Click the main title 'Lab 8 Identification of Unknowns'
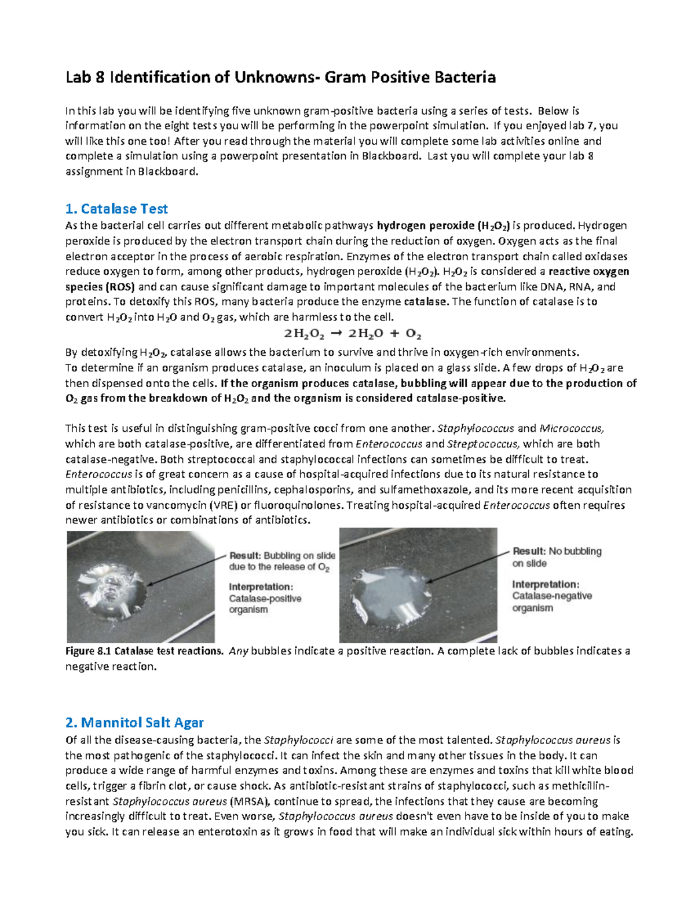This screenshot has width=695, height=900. pos(280,78)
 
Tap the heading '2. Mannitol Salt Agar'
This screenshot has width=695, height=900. pos(134,723)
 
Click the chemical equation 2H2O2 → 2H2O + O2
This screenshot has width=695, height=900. pos(352,334)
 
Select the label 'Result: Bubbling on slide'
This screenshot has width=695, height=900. pos(283,555)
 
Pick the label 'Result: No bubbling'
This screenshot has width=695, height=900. pos(557,551)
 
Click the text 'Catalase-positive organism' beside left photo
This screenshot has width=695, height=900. pos(265,604)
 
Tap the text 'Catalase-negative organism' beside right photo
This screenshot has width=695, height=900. pos(551,602)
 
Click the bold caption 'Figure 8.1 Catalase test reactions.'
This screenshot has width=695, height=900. pos(144,651)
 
